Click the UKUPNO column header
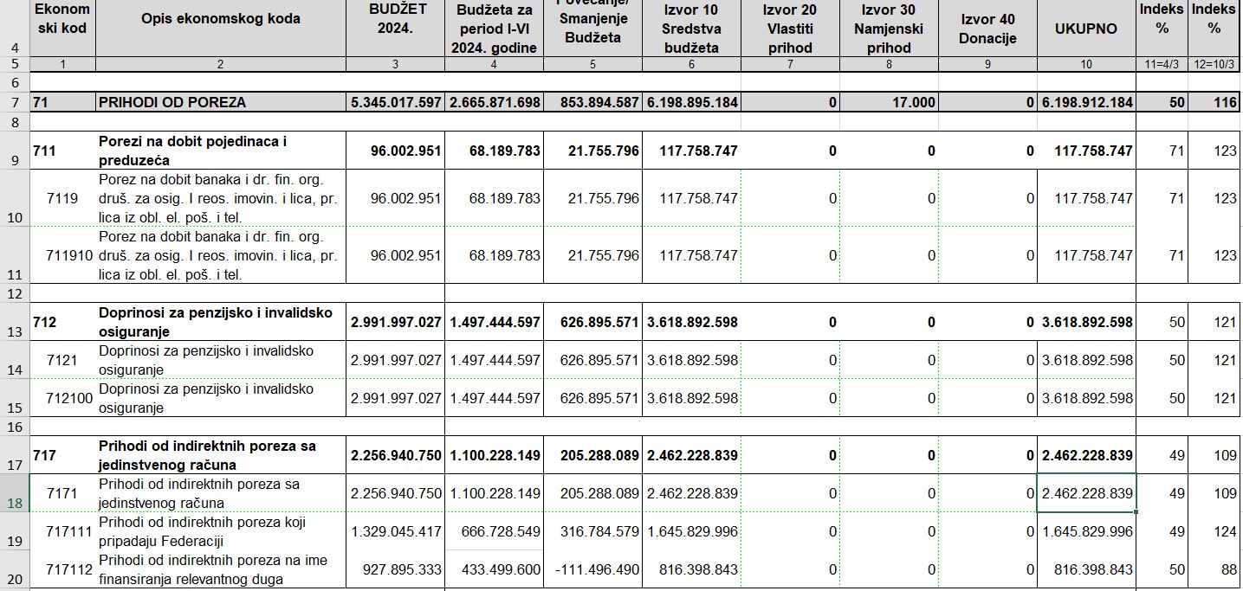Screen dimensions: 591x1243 tap(1085, 29)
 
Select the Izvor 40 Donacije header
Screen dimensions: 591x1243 tap(988, 29)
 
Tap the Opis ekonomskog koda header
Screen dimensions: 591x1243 tap(220, 19)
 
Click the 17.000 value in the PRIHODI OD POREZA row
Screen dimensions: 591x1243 tap(911, 102)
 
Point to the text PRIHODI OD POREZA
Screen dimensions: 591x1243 tap(172, 102)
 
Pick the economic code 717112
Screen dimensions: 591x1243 tap(64, 570)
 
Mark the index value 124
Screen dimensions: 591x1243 tap(1225, 532)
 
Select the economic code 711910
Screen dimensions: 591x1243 tap(64, 255)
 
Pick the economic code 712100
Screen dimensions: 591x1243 tap(64, 398)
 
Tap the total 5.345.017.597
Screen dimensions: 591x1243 tap(396, 102)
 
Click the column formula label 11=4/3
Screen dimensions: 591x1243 tap(1162, 64)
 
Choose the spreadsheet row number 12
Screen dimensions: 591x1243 tap(14, 294)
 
